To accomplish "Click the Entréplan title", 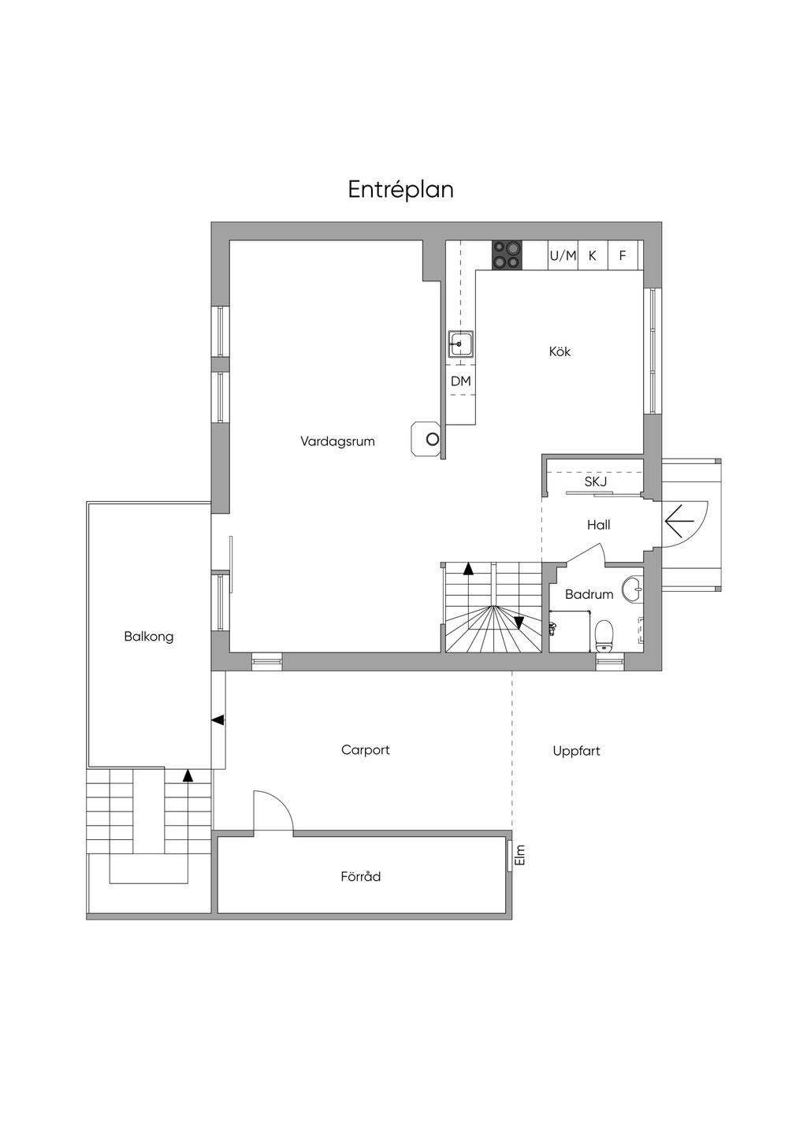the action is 400,190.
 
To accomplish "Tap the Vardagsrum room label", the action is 337,441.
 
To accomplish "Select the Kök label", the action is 560,351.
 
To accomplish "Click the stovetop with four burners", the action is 507,255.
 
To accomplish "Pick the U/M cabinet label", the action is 563,256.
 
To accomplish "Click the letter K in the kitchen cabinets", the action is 592,256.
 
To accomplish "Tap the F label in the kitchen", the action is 622,256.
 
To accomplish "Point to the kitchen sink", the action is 460,344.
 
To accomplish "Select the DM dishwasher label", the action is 460,381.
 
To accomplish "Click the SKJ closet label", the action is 596,481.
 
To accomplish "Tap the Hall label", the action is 598,525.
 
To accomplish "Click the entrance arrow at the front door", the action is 679,521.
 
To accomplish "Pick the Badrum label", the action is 589,594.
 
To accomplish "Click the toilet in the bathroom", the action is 604,636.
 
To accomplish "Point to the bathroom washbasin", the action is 634,590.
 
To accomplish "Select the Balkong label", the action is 149,637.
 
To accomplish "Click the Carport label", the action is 366,750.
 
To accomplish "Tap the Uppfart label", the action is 576,751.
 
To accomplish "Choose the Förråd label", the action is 361,877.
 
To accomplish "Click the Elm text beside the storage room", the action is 519,855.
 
